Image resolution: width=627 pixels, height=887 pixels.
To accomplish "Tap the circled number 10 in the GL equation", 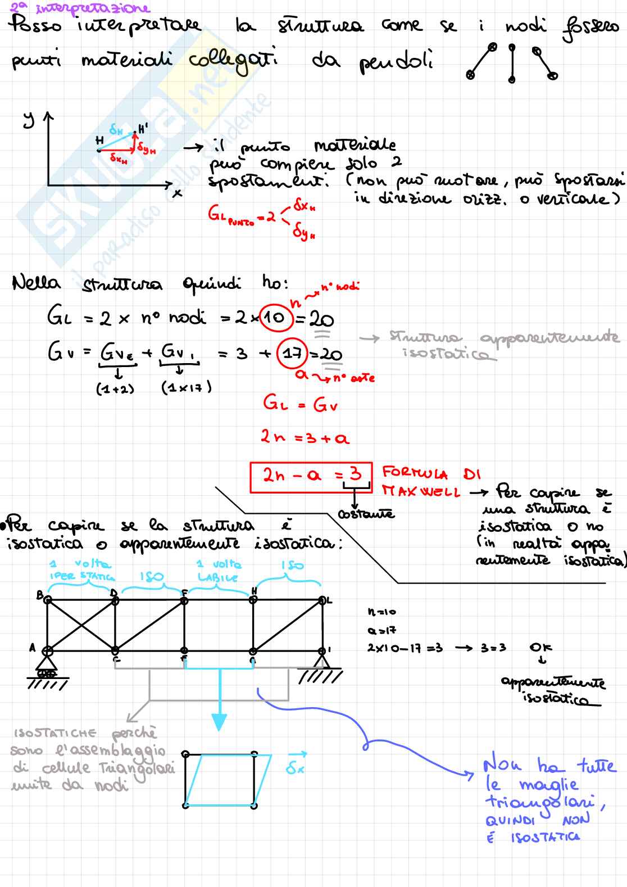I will click(x=275, y=318).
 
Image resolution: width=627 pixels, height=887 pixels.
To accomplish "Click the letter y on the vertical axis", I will click(x=29, y=120).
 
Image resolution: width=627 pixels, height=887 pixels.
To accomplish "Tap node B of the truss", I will click(x=48, y=600).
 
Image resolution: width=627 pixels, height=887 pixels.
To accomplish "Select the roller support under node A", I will click(x=48, y=668).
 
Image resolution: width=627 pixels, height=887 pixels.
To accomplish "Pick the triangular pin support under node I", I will click(x=322, y=661).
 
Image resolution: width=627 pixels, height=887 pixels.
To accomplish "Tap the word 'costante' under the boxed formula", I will click(x=366, y=514).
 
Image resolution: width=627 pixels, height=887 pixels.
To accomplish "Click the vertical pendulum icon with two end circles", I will click(x=511, y=63).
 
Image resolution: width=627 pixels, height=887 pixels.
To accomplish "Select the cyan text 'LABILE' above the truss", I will click(x=217, y=577).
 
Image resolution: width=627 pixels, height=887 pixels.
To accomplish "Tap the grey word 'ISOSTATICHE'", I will click(x=55, y=734).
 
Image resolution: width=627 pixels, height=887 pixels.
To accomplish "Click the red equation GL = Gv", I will click(x=301, y=404).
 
